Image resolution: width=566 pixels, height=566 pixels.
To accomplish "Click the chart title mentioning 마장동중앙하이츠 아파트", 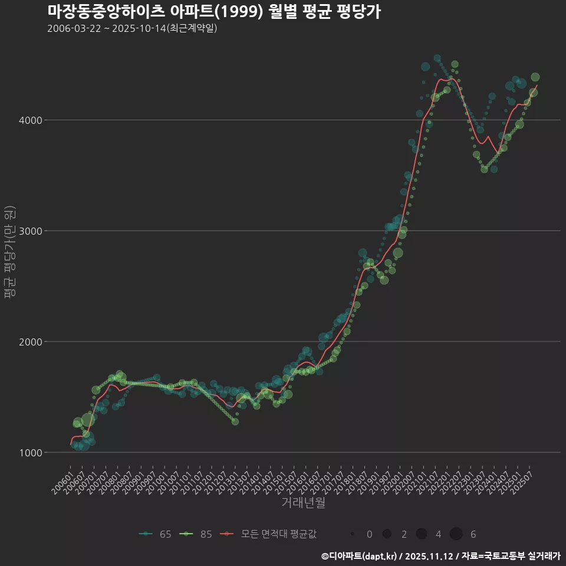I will [213, 12].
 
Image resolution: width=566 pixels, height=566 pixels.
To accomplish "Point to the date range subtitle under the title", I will [132, 28].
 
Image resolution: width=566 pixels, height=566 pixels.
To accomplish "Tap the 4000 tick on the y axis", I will [30, 120].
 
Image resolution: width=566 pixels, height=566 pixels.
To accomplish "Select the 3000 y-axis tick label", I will [30, 231].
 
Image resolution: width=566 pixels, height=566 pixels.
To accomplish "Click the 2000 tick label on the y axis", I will [30, 342].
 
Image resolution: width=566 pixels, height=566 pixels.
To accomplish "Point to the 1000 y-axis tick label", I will [30, 453].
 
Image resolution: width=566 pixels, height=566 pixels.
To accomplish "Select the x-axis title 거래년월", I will [303, 503].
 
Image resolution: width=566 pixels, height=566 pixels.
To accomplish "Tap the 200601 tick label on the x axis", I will [62, 478].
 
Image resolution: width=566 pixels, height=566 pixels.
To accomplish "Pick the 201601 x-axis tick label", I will [299, 478].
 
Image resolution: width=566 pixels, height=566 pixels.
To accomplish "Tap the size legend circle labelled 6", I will [456, 534].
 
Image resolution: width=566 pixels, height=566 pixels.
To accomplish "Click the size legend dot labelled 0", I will [353, 534].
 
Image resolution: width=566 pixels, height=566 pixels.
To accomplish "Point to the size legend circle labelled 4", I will [422, 534].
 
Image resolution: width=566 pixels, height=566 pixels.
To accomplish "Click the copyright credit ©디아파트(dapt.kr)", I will [359, 556].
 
